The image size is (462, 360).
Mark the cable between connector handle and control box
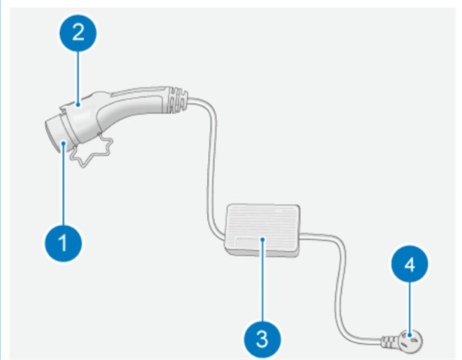209,169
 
